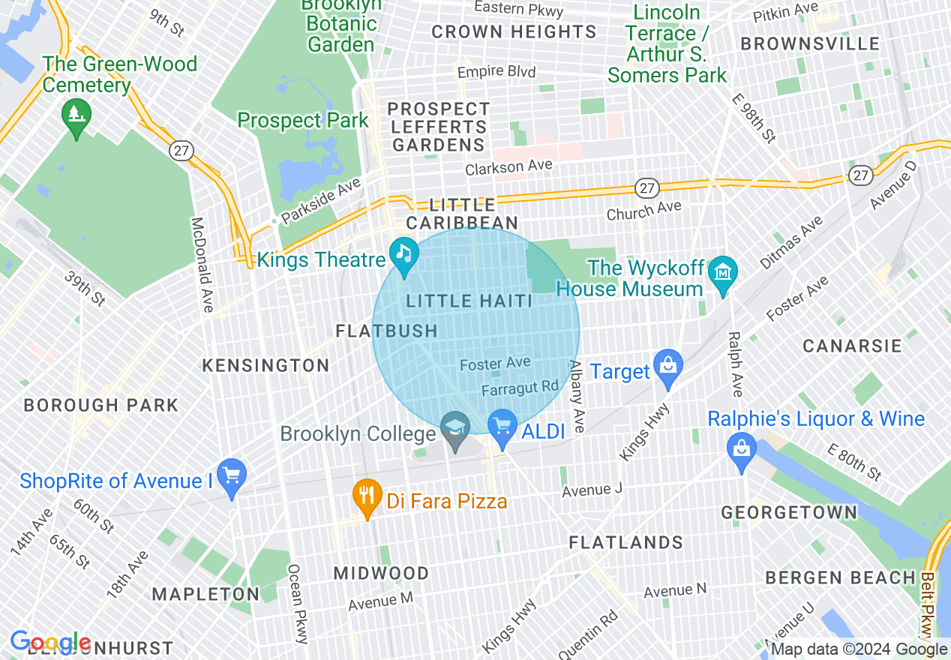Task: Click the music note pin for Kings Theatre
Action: pos(404,253)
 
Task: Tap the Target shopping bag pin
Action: pos(667,365)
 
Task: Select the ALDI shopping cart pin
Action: pos(502,426)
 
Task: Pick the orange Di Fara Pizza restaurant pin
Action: pos(367,495)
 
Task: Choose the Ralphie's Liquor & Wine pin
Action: pos(741,449)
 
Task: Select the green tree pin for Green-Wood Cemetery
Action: pos(76,115)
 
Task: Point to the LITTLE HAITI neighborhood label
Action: pos(469,301)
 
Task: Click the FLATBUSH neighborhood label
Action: pos(386,331)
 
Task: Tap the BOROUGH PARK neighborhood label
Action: pos(101,406)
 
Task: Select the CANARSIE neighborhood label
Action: pos(852,346)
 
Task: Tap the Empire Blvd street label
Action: pos(496,72)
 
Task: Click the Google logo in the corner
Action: pos(49,642)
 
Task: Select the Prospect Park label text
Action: pos(303,121)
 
